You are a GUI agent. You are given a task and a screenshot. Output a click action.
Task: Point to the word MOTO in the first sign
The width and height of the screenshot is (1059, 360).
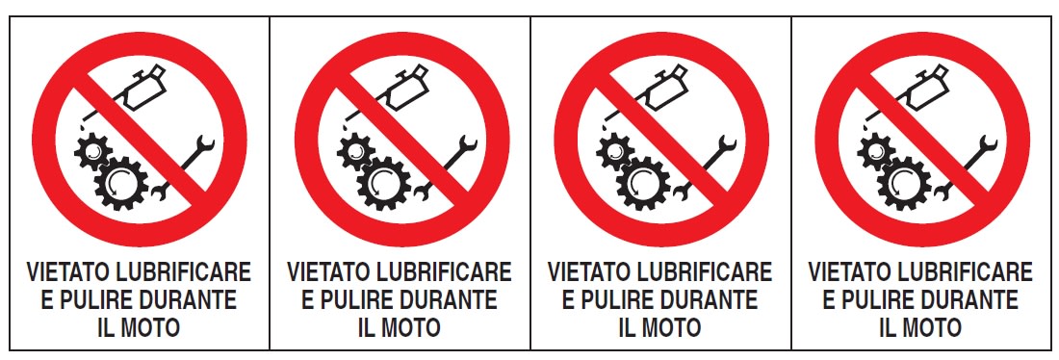click(x=150, y=327)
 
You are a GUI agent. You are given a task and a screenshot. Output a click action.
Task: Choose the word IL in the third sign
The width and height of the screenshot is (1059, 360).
click(x=627, y=327)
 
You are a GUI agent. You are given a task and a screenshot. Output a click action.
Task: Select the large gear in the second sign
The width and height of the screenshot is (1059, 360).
click(x=383, y=183)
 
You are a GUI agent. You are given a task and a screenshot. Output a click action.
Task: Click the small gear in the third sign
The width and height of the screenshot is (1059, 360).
click(x=614, y=150)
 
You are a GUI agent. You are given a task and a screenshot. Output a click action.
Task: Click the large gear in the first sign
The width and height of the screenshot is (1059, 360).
click(x=121, y=183)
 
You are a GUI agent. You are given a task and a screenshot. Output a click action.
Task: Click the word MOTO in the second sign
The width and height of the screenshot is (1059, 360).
click(x=411, y=327)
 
